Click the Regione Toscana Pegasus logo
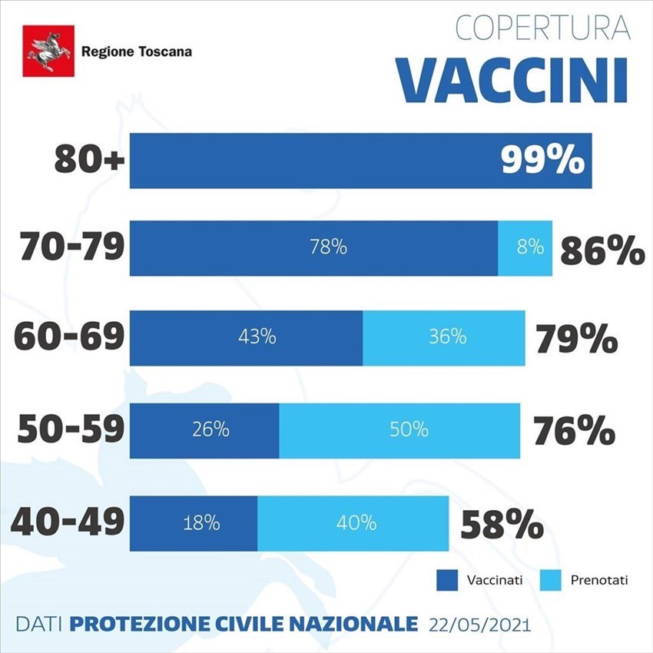pos(48,51)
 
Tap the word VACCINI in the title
pos(512,78)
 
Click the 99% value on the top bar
pos(542,161)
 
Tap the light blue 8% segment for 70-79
pos(525,247)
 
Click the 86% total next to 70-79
pos(602,250)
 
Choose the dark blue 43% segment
pos(246,337)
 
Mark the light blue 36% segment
pos(444,337)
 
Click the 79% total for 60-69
pos(577,339)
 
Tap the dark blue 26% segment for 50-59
pos(204,429)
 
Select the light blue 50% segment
pos(399,429)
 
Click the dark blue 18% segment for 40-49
pos(194,523)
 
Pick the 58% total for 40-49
pos(502,526)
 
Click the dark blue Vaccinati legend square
pos(446,580)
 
